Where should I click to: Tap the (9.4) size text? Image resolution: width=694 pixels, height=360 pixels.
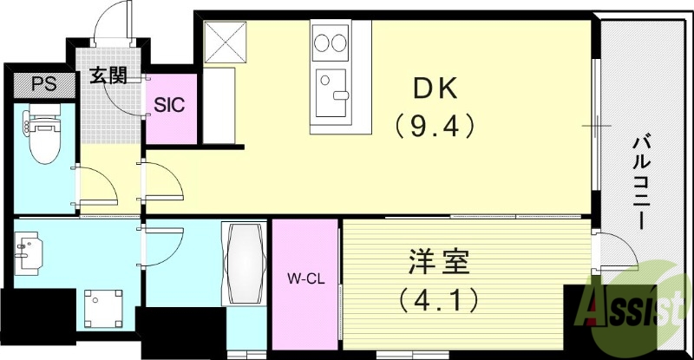[435, 126]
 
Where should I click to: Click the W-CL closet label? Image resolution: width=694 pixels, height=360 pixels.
[304, 279]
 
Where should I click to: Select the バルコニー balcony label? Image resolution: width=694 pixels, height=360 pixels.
[642, 182]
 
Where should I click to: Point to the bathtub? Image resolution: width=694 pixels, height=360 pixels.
[246, 263]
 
